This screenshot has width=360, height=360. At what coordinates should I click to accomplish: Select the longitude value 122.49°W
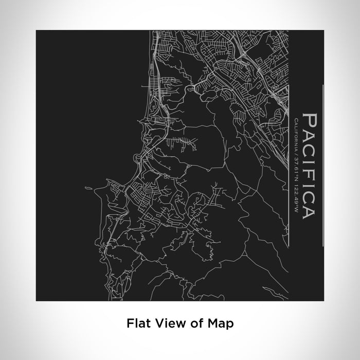(297, 190)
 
